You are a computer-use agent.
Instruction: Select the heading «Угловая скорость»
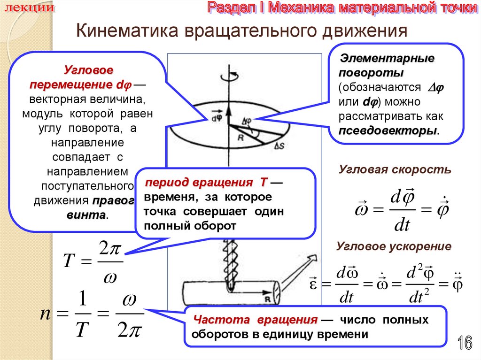[395, 170]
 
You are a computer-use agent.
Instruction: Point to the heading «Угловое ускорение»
[395, 246]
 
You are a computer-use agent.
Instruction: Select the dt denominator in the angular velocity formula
[402, 225]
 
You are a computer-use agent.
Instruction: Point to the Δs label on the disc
[278, 146]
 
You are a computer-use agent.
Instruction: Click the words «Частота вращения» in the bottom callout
[256, 320]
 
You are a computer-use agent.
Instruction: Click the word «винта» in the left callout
[91, 214]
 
